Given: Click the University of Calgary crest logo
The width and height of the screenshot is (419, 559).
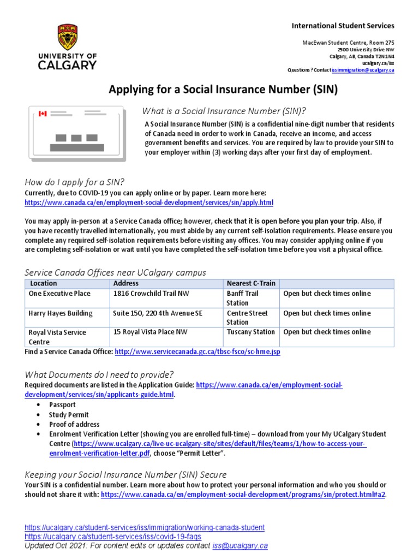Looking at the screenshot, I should point(68,37).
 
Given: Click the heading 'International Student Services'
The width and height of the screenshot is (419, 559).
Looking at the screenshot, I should point(343,26).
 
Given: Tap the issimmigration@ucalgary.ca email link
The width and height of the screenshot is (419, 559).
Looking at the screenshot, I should point(362,70).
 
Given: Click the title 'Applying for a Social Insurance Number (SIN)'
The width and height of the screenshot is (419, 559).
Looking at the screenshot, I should point(224,90).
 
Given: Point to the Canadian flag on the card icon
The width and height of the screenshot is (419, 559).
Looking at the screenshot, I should point(43,114).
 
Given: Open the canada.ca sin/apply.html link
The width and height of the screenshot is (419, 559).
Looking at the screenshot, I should point(149,203).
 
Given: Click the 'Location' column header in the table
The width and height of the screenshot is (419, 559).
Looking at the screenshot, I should point(43,283).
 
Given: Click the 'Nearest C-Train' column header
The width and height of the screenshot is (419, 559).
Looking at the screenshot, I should point(251,283).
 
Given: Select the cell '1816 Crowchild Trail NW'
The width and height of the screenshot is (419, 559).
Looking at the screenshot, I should point(151,294).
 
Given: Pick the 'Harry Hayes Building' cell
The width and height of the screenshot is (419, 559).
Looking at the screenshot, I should point(61,313).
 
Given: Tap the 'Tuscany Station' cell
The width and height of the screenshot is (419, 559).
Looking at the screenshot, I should point(250,332).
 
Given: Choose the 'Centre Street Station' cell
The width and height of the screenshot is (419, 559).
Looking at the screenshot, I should point(247,318).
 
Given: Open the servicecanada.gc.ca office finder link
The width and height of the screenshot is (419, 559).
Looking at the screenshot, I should point(197,352).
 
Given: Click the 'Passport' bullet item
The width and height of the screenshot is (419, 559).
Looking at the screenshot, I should point(62,405).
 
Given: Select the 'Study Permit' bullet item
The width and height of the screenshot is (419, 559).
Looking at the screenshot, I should point(67,414).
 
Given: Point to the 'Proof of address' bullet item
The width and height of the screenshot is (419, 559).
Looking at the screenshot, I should point(74,424).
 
